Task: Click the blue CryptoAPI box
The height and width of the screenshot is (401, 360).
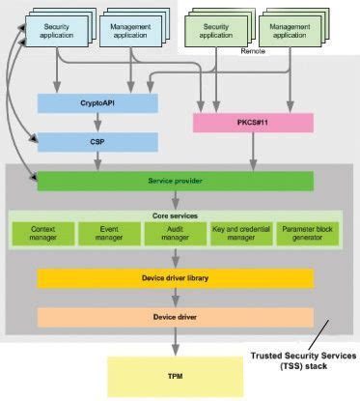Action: tap(97, 101)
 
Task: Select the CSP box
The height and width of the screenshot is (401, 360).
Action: tap(97, 141)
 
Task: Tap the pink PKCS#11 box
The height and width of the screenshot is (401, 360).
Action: tap(253, 123)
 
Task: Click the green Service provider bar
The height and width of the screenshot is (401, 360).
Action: tap(175, 181)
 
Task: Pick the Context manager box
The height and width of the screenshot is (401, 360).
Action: tap(43, 234)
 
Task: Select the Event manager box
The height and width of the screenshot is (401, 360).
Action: tap(109, 234)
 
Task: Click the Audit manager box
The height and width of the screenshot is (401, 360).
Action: tap(175, 234)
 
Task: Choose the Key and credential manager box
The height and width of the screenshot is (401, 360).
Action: tap(240, 234)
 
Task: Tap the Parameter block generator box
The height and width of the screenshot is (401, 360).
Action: tap(307, 234)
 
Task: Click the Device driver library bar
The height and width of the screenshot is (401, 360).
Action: tap(175, 278)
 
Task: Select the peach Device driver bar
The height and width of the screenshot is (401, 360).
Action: tap(175, 317)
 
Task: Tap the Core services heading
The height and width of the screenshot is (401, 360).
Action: tap(175, 215)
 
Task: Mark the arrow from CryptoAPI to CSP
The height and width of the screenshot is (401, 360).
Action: tap(97, 122)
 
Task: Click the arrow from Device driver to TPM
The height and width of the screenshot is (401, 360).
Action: tap(175, 341)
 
